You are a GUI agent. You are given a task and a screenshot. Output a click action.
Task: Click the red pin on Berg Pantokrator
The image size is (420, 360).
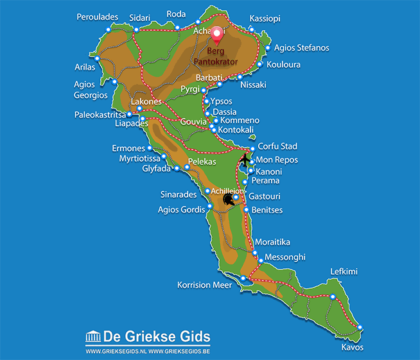(217, 34)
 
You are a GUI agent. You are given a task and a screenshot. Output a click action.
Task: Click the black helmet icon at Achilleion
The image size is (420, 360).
(228, 199)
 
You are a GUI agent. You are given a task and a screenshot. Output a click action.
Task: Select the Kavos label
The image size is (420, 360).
(353, 347)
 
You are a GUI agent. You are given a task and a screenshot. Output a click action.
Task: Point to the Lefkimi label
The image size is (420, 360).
(344, 271)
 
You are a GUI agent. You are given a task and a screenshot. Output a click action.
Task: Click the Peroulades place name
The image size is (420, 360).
(97, 17)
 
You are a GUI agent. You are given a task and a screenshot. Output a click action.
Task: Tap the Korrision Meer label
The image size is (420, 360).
(204, 284)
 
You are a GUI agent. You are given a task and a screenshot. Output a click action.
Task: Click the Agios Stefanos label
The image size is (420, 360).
(301, 47)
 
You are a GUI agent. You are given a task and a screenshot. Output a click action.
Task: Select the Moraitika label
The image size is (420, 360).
(272, 242)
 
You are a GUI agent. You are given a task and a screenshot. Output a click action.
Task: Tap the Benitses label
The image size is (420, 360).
(267, 210)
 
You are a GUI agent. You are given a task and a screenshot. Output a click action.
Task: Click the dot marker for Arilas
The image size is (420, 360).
(98, 58)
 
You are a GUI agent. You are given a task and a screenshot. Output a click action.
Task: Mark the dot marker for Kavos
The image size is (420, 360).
(360, 329)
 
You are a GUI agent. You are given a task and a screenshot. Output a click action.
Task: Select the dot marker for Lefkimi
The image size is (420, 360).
(333, 296)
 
